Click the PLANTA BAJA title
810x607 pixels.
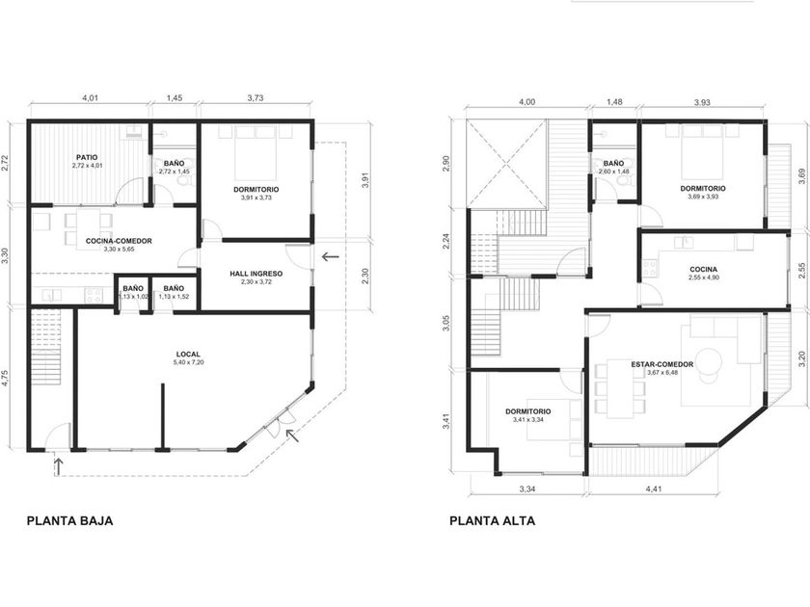click(69, 520)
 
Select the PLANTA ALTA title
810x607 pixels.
click(493, 520)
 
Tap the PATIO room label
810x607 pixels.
click(87, 157)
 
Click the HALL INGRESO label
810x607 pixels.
click(256, 274)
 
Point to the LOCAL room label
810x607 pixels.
click(188, 355)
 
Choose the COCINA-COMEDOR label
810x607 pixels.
click(119, 241)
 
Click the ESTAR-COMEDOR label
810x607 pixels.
click(662, 364)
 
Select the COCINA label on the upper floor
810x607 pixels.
click(704, 270)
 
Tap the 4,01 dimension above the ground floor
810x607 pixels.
click(90, 97)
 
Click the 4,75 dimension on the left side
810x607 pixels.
click(5, 379)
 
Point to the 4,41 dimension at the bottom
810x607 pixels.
click(654, 488)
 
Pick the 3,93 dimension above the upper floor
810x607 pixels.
click(702, 102)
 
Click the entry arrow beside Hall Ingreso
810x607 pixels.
click(330, 256)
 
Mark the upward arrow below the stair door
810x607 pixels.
click(59, 466)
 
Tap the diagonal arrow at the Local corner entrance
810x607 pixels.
click(292, 435)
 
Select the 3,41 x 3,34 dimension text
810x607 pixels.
click(528, 420)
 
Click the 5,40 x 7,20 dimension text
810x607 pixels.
click(189, 362)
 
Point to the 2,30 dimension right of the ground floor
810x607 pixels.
click(364, 276)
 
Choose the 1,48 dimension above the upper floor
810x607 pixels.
click(613, 102)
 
